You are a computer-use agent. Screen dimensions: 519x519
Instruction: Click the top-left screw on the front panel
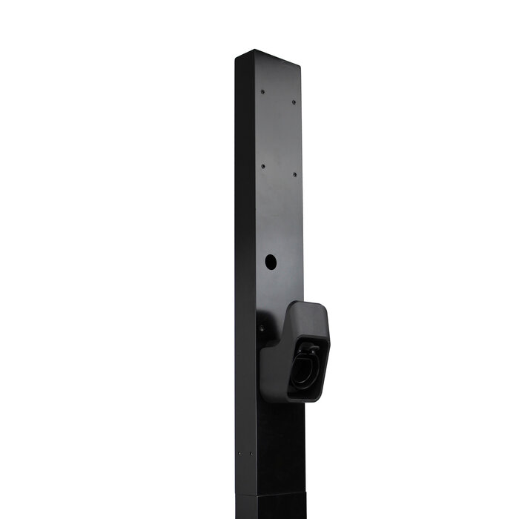coord(262,93)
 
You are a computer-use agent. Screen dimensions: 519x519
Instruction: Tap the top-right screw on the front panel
coord(294,102)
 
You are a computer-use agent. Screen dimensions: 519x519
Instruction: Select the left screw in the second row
coord(262,166)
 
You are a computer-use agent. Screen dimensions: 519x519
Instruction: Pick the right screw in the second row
coord(294,175)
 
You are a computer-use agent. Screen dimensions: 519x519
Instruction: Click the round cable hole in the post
coord(271,262)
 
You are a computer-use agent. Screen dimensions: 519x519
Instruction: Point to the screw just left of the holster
coord(261,328)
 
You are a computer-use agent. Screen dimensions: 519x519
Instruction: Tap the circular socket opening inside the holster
coord(304,368)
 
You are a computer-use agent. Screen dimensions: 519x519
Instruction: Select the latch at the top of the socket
coord(311,349)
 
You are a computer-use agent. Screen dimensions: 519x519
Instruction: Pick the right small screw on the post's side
coord(251,453)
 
